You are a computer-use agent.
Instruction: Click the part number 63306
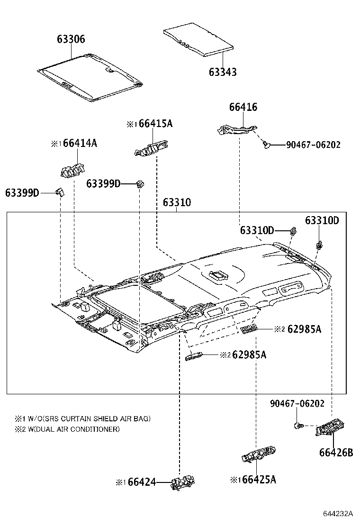pos(71,39)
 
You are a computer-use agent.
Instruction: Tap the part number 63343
pos(223,72)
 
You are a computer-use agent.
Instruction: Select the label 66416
pos(243,107)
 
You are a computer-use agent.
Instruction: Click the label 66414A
pos(80,143)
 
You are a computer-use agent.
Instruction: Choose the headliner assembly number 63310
pos(177,203)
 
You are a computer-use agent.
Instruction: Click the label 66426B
pos(336,453)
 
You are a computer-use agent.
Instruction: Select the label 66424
pos(142,482)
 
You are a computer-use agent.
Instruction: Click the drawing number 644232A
pos(338,514)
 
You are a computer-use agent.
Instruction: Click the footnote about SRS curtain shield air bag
pos(83,418)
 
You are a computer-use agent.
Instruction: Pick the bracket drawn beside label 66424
pos(184,482)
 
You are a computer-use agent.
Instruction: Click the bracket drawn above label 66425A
pos(258,454)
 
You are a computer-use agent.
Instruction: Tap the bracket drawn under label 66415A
pos(152,149)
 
